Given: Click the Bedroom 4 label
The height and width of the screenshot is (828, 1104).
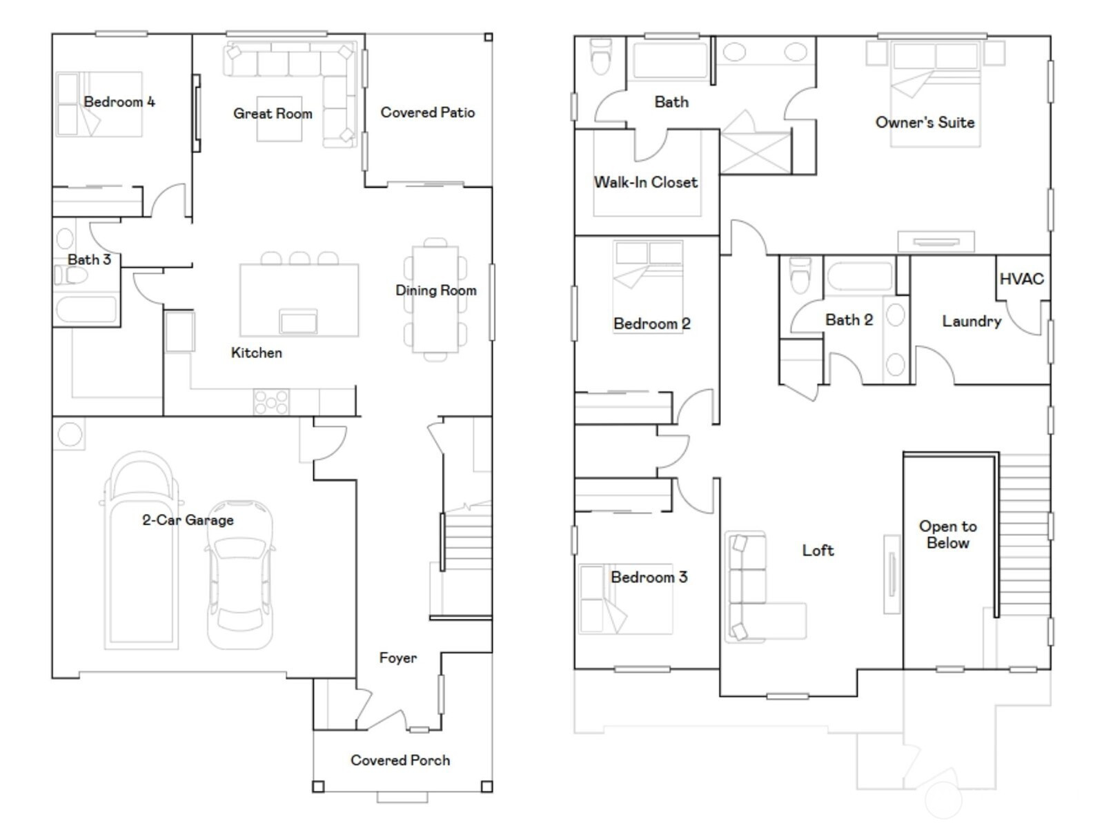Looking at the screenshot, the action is pos(119,102).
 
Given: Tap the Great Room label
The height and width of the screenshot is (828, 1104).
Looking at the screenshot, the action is pos(273,114).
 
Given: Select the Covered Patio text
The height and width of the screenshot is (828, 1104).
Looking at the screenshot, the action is pos(428,112).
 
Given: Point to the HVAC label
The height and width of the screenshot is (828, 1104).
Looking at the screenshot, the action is pos(1021,279).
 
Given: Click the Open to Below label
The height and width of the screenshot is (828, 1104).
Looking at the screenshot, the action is pos(947,534).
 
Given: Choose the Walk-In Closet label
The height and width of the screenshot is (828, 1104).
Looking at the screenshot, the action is pos(646,182).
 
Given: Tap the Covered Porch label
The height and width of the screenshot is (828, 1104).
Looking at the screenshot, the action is pos(400,760).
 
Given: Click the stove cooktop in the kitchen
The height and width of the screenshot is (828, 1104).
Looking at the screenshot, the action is pos(271,402).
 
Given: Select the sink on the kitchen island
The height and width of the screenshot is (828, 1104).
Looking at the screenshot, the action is pos(298,322).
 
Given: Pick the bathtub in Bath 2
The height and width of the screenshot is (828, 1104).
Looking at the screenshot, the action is pos(860,277).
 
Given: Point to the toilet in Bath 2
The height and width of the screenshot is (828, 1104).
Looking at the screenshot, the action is pos(800,275).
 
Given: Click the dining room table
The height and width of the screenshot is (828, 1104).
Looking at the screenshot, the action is pos(435,299).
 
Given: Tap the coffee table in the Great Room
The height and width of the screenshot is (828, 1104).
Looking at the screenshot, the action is pos(279,119).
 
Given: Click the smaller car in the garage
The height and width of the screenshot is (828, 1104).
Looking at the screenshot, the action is pos(240,575).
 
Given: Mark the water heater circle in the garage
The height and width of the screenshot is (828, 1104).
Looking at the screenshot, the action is pos(70,433).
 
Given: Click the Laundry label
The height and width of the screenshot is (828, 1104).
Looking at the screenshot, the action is pos(972,322).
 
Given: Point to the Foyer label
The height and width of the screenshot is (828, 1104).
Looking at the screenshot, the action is pos(398,658).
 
